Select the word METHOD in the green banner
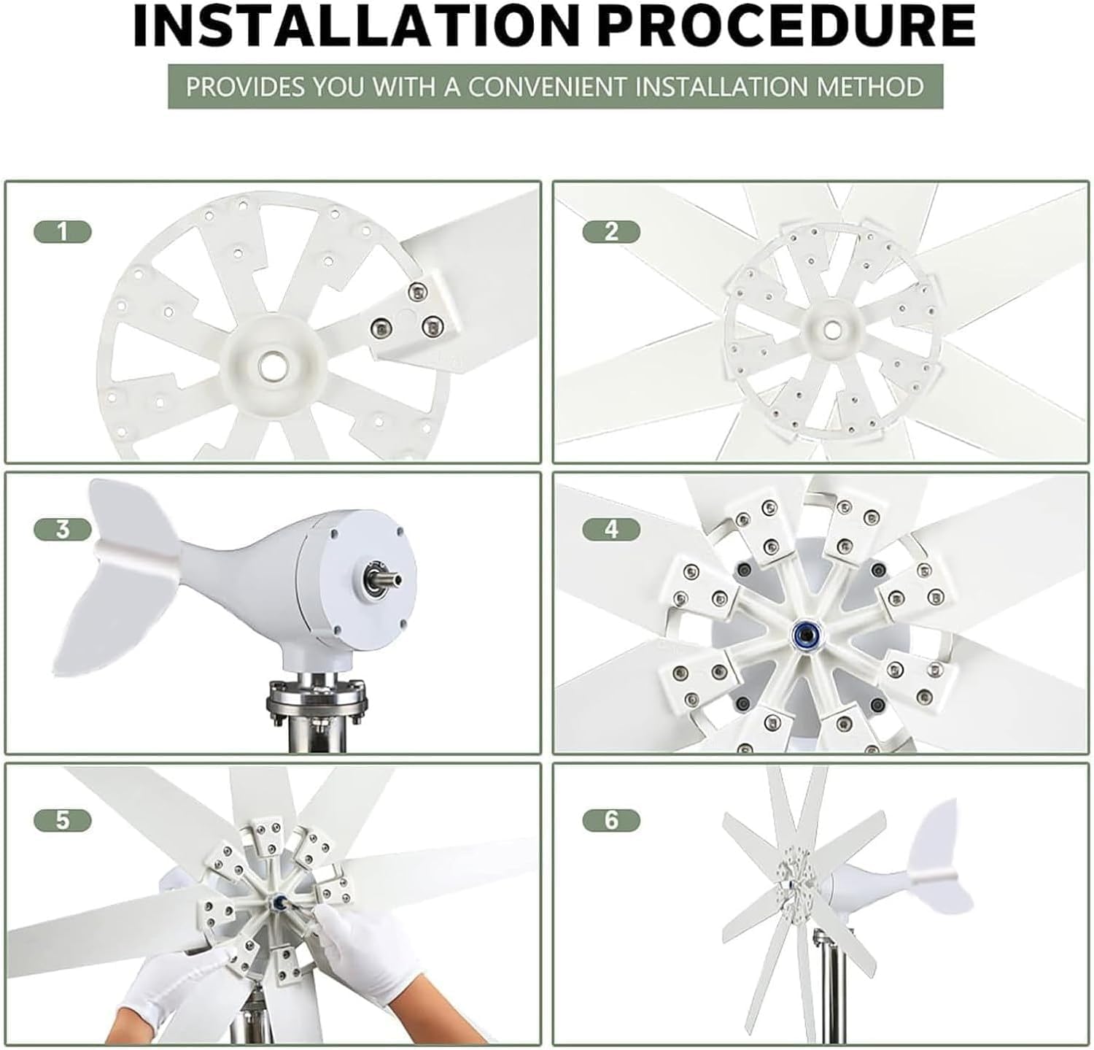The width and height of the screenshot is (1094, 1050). coord(869,87)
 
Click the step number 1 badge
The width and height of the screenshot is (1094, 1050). coord(63,232)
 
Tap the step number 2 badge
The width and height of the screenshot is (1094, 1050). coord(611,232)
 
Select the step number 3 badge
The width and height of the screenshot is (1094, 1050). coord(63,529)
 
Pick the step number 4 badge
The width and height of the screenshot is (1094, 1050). coord(611,529)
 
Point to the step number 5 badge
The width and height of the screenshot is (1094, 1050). coord(63,820)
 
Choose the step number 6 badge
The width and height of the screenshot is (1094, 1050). coord(611,820)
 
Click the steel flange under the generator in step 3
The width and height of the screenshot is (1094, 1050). coord(315,704)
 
